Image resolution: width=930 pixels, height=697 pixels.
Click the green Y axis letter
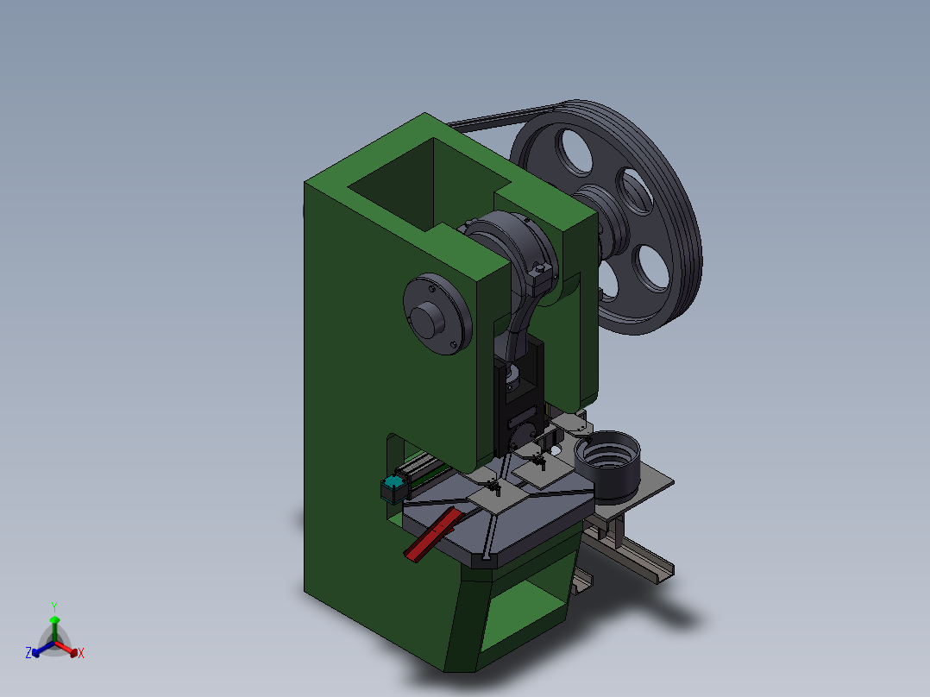54,606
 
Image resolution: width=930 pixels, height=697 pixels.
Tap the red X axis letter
80,654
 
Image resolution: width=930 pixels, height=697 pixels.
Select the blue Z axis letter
28,654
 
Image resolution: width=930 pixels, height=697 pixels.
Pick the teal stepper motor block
393,489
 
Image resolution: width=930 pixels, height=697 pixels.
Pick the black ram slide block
519,405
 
